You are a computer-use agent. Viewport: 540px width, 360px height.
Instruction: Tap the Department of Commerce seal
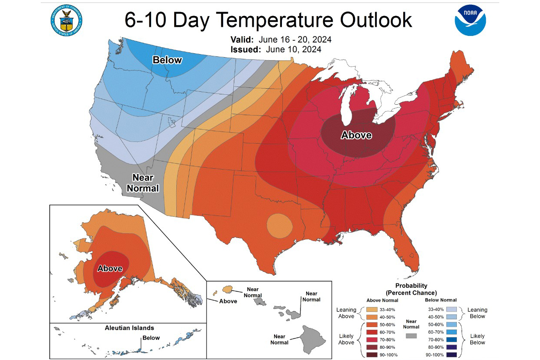coord(67,20)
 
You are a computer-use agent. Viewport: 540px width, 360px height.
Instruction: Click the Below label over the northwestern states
coord(167,60)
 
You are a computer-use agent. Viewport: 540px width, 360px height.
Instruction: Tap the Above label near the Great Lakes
coord(356,135)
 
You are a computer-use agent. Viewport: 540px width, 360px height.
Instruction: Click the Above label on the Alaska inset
coord(110,269)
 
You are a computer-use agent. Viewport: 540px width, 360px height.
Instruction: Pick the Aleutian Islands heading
coord(129,328)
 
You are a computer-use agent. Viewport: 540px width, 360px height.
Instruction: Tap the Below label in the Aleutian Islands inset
coord(151,338)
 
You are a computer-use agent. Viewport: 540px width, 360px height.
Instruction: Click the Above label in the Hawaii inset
coord(228,301)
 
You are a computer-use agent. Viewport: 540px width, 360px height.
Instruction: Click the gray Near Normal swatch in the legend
coord(411,335)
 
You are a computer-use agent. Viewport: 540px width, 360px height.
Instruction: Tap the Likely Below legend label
coord(477,339)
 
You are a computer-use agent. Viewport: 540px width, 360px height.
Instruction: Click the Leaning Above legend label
coord(346,313)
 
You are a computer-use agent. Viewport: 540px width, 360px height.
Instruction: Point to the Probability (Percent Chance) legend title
coord(411,289)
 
